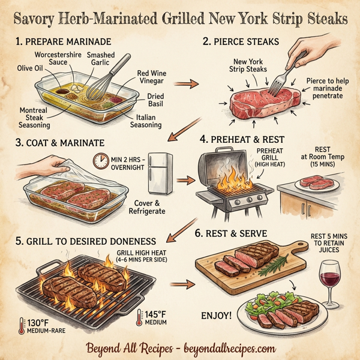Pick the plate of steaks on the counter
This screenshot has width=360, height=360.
click(312, 182)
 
